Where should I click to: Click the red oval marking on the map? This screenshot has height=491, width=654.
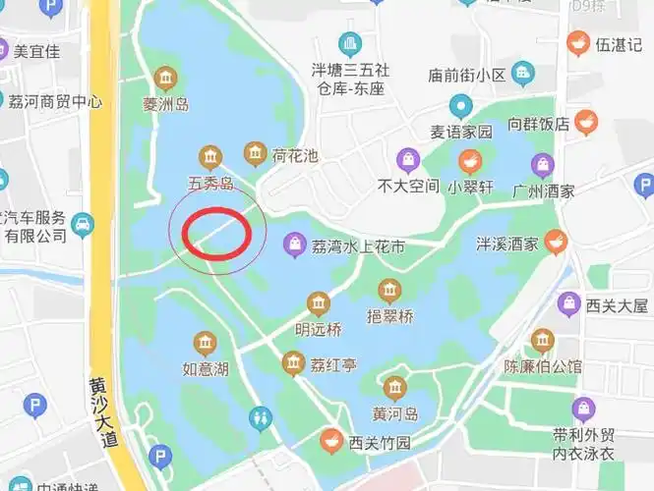point(217,233)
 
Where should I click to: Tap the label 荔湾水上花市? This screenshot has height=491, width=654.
point(357,246)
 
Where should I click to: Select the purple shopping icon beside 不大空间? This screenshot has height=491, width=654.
point(407,160)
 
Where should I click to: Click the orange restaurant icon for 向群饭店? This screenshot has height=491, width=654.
point(586,123)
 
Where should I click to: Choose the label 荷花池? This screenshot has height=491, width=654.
point(295,155)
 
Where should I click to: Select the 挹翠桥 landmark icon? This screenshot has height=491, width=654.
point(389,291)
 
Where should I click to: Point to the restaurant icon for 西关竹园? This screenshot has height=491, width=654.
point(331,442)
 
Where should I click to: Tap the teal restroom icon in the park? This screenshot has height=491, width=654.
point(261,419)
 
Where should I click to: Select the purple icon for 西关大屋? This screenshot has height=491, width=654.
point(568,305)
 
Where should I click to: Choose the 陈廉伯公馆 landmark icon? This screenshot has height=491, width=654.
point(542,342)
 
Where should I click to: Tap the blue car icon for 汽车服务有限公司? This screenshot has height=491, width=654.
point(84,225)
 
